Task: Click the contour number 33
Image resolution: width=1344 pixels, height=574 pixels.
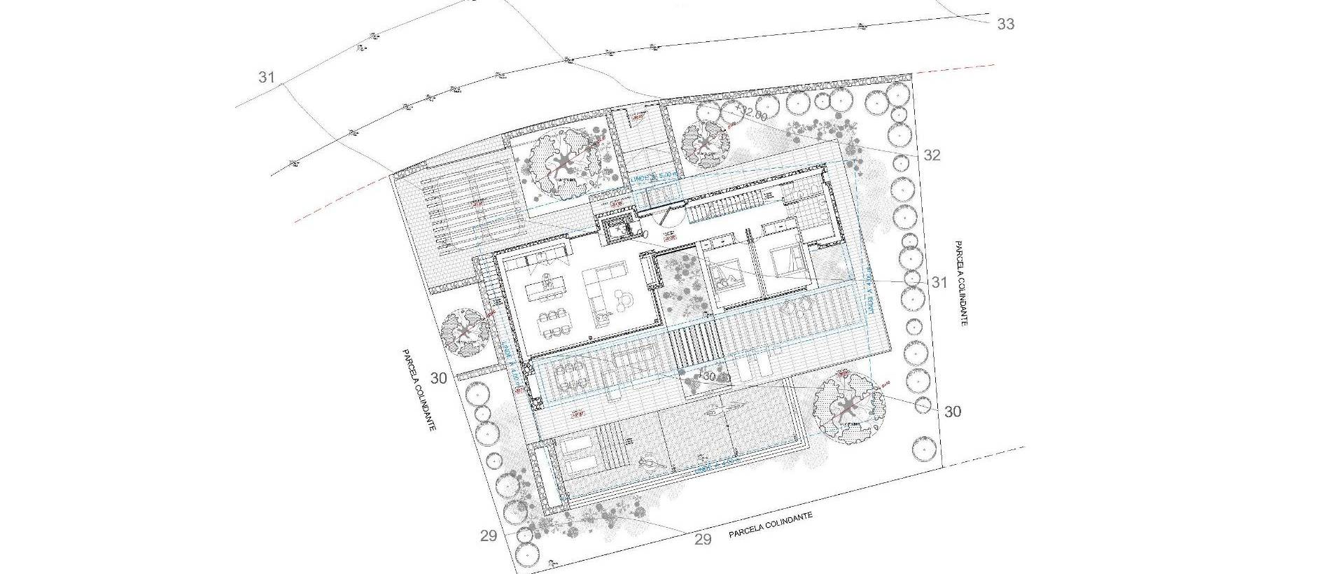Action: (x=1005, y=24)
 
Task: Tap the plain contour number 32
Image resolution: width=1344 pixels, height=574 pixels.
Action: (x=932, y=155)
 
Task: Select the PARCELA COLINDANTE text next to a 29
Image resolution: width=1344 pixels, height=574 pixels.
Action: (x=771, y=525)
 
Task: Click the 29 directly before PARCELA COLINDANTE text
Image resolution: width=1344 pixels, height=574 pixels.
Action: (x=702, y=539)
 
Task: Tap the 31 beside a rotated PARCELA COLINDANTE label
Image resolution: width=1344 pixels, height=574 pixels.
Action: (x=939, y=283)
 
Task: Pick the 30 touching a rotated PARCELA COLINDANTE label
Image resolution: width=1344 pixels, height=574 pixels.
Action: (x=439, y=379)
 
